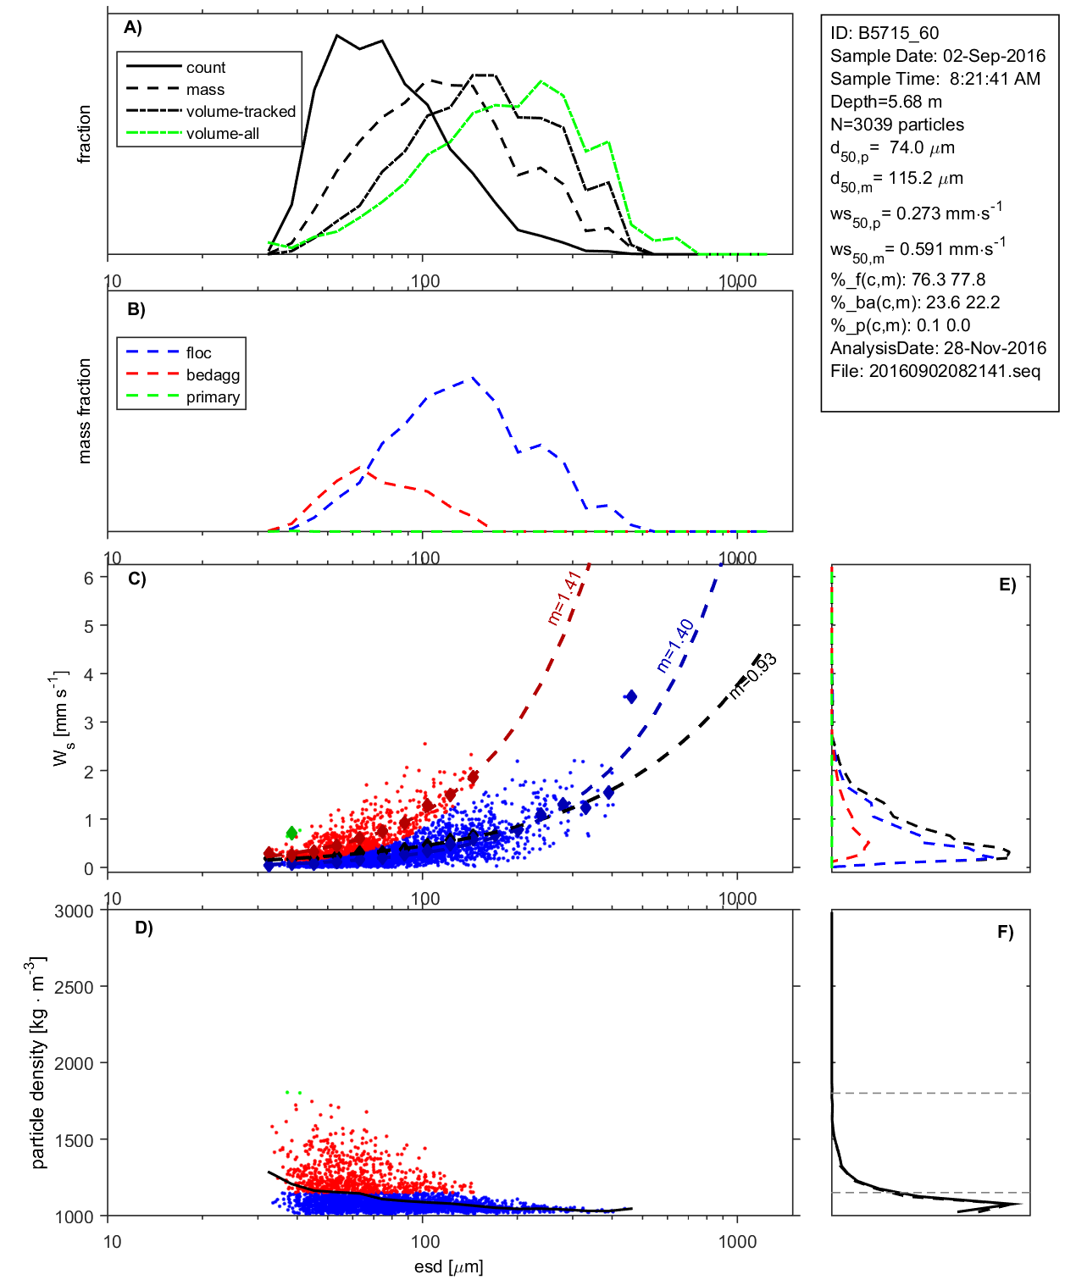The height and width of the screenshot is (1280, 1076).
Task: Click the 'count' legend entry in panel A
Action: click(x=206, y=68)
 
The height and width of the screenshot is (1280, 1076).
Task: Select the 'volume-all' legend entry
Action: click(x=222, y=134)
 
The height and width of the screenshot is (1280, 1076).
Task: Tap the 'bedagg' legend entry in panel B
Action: click(x=213, y=375)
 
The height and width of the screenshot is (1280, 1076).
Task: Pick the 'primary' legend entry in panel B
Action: click(x=213, y=397)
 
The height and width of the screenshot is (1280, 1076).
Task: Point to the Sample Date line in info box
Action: click(x=938, y=56)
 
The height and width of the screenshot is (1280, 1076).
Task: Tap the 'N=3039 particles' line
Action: click(x=897, y=125)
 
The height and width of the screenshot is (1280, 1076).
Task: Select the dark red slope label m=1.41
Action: click(x=564, y=597)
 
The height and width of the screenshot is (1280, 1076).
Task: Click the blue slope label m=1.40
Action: click(x=675, y=645)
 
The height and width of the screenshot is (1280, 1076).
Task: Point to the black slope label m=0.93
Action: click(x=753, y=675)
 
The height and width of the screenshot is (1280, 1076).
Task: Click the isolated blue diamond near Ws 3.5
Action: click(x=630, y=696)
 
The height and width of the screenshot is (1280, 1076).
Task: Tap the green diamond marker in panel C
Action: click(x=292, y=833)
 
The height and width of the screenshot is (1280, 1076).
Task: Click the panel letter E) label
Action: click(x=1007, y=585)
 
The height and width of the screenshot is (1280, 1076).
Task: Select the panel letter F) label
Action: click(x=1005, y=932)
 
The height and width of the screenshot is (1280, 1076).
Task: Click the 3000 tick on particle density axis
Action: click(x=74, y=912)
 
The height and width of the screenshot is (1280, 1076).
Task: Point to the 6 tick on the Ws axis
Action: click(x=88, y=577)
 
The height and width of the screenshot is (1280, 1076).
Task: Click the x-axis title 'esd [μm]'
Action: click(x=449, y=1266)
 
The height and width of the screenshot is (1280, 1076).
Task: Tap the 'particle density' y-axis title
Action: click(x=38, y=1063)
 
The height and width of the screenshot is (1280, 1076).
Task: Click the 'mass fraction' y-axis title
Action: click(x=84, y=411)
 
